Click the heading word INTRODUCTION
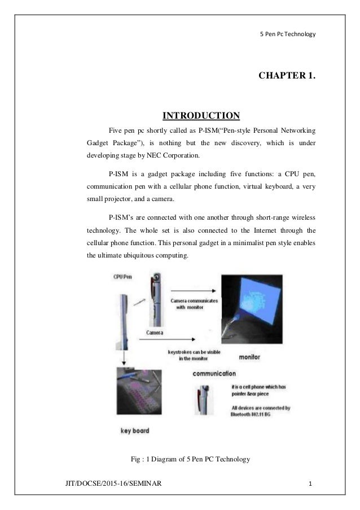(201, 116)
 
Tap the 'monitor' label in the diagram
(250, 358)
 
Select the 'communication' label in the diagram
(214, 373)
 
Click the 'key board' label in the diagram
(135, 431)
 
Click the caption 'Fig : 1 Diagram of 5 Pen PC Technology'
(190, 460)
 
